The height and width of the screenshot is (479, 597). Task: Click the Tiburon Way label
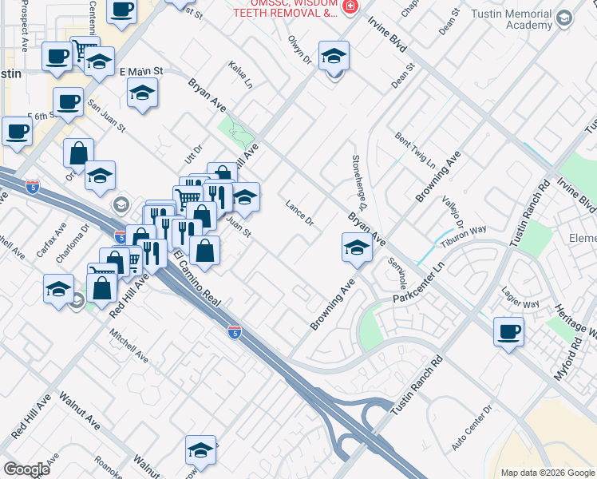click(x=468, y=232)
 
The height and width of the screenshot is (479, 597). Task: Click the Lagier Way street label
click(x=520, y=304)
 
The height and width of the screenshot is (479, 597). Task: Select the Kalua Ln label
click(x=239, y=74)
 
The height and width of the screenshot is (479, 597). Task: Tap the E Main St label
click(x=141, y=71)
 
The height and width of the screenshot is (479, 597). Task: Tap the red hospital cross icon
click(x=349, y=6)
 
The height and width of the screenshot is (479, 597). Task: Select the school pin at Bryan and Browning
click(x=357, y=248)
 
